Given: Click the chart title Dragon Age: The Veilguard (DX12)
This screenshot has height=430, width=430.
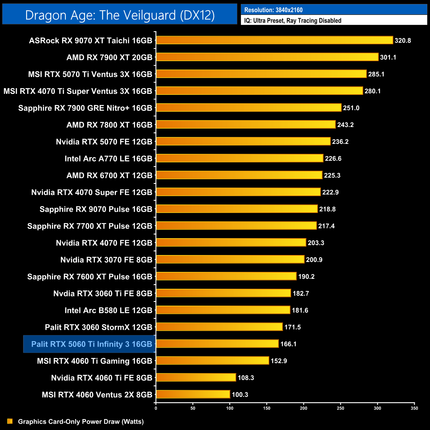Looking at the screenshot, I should (x=120, y=15).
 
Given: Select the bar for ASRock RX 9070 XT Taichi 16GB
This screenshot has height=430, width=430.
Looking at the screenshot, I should (x=274, y=40).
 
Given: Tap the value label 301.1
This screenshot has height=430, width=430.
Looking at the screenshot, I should (x=388, y=58).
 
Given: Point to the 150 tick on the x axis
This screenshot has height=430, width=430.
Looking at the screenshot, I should (x=267, y=408).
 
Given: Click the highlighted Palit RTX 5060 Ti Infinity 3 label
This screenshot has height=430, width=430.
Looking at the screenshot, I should (x=92, y=344).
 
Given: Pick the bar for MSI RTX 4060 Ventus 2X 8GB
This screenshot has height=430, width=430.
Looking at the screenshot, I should (x=193, y=394).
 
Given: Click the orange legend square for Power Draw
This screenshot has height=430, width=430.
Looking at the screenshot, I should (x=10, y=421).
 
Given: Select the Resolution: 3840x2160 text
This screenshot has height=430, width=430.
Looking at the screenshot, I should (x=273, y=10).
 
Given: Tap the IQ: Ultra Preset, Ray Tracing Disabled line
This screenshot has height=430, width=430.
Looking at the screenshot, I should (x=293, y=21).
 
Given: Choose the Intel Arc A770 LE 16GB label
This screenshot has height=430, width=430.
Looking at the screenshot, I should (x=108, y=159).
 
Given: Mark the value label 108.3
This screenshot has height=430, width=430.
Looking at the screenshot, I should (x=246, y=378).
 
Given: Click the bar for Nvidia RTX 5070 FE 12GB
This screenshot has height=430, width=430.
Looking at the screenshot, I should (x=243, y=142).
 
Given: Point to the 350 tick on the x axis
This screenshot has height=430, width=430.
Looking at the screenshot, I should (x=414, y=408).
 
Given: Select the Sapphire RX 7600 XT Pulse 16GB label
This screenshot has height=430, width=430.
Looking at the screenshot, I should (x=90, y=277).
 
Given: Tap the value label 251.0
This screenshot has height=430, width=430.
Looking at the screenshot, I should (x=351, y=108).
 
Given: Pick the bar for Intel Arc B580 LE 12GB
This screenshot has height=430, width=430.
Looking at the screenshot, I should (x=223, y=310).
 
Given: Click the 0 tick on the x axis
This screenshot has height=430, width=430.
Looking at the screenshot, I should (x=156, y=408).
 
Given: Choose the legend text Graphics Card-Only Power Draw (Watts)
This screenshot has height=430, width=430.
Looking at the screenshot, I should (x=81, y=421).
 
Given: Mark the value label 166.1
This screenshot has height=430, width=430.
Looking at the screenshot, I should (x=288, y=344).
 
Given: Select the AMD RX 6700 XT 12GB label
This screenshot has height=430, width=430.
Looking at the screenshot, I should (x=109, y=176).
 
